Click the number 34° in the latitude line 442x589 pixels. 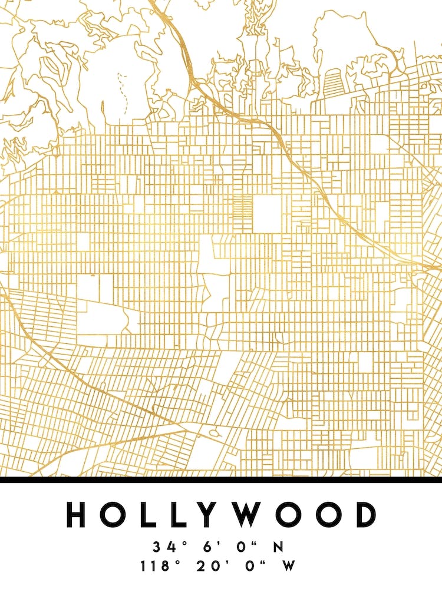(x=166, y=547)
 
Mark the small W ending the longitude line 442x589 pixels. (x=288, y=567)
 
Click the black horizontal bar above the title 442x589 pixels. (x=221, y=479)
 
